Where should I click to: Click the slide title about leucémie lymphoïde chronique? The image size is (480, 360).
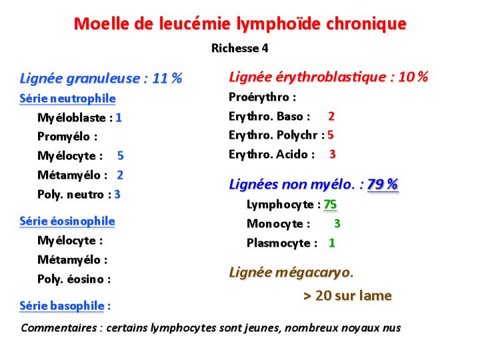click(240, 24)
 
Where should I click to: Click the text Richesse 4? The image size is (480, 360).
click(240, 48)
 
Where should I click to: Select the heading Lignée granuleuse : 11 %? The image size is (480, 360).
click(101, 78)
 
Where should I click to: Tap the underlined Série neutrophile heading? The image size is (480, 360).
click(67, 99)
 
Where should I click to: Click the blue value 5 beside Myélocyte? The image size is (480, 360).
click(121, 156)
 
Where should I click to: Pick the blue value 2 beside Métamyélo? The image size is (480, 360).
click(120, 175)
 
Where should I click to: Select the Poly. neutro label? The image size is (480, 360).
click(74, 195)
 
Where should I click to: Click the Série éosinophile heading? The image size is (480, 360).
click(67, 221)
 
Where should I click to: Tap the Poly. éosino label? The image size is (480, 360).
click(74, 279)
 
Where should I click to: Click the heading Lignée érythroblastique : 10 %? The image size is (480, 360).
click(328, 77)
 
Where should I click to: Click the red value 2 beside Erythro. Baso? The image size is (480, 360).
click(331, 116)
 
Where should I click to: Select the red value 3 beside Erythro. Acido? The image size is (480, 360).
click(333, 155)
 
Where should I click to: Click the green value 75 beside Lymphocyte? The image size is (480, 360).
click(330, 205)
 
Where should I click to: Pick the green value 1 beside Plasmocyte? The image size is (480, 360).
click(332, 243)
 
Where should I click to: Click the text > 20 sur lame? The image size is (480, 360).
click(347, 295)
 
